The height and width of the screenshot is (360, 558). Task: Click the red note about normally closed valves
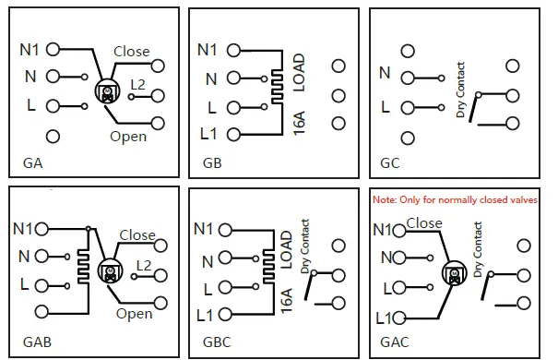(454, 199)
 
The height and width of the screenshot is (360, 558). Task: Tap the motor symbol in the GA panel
(108, 90)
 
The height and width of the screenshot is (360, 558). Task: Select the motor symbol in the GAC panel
(454, 274)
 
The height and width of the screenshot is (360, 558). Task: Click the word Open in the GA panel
(129, 137)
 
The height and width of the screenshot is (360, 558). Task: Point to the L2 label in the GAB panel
(143, 265)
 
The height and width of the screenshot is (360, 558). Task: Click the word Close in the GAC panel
(423, 223)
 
